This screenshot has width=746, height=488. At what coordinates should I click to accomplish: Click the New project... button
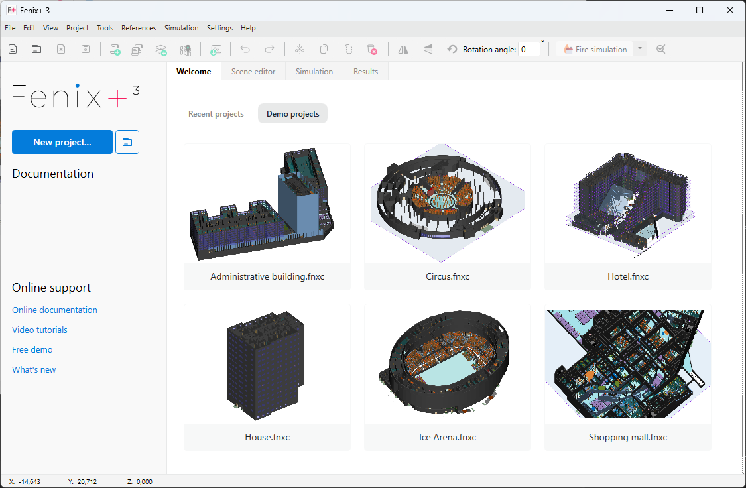click(x=62, y=142)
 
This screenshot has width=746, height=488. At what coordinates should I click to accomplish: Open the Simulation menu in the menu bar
click(x=181, y=28)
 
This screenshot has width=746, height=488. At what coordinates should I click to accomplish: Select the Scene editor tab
click(x=253, y=72)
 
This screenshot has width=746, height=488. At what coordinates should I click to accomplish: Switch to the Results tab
click(x=365, y=72)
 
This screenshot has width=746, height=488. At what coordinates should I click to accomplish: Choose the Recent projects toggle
click(x=216, y=114)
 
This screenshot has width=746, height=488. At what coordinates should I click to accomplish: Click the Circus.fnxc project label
click(x=448, y=276)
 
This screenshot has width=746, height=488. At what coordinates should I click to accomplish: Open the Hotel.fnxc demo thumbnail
click(x=628, y=204)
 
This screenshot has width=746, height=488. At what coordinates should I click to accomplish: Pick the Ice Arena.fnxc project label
click(x=448, y=437)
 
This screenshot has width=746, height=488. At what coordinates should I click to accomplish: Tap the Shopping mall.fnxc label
click(x=628, y=437)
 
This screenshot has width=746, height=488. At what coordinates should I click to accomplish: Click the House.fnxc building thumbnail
click(x=267, y=364)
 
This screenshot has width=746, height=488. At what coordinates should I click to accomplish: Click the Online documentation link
click(x=54, y=310)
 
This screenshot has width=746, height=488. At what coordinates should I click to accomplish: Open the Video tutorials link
click(x=40, y=330)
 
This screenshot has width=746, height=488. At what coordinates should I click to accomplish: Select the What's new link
click(x=34, y=369)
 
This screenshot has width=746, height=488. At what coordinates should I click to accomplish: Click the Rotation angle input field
click(x=528, y=50)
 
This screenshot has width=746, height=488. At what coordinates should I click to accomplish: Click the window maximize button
click(x=700, y=10)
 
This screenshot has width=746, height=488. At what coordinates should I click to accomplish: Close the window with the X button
click(x=730, y=10)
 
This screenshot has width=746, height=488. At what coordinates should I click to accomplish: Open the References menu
click(x=139, y=28)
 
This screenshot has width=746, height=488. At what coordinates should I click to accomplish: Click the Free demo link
click(x=32, y=349)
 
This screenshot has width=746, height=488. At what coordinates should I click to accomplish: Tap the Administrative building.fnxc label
click(x=267, y=276)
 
